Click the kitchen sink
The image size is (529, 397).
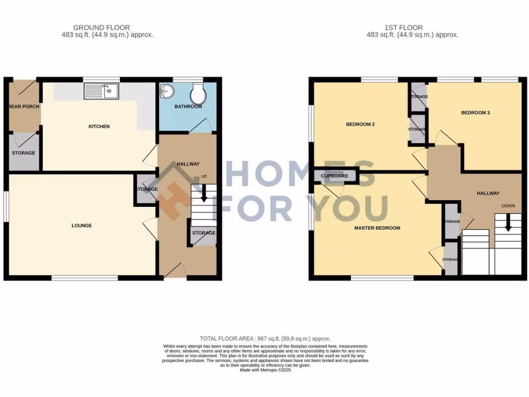point(101,92)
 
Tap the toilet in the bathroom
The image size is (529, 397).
point(197,94)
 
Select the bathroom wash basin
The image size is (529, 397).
point(167,92)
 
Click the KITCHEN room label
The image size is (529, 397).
point(99,127)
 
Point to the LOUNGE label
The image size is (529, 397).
point(82,226)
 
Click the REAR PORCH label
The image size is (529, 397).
point(24,107)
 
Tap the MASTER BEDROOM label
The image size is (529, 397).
point(377,228)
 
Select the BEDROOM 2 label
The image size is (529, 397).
point(360,125)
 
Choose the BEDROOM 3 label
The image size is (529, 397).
point(475,113)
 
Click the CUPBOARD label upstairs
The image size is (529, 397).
point(334,176)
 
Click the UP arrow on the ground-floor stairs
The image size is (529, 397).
point(203,194)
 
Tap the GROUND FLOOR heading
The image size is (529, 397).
point(101,27)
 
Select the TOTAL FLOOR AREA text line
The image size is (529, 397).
point(266,339)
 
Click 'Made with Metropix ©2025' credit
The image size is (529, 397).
point(266,370)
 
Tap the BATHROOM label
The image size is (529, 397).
point(188,107)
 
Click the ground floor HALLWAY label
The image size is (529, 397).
point(188,164)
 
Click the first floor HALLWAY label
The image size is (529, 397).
point(488,193)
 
